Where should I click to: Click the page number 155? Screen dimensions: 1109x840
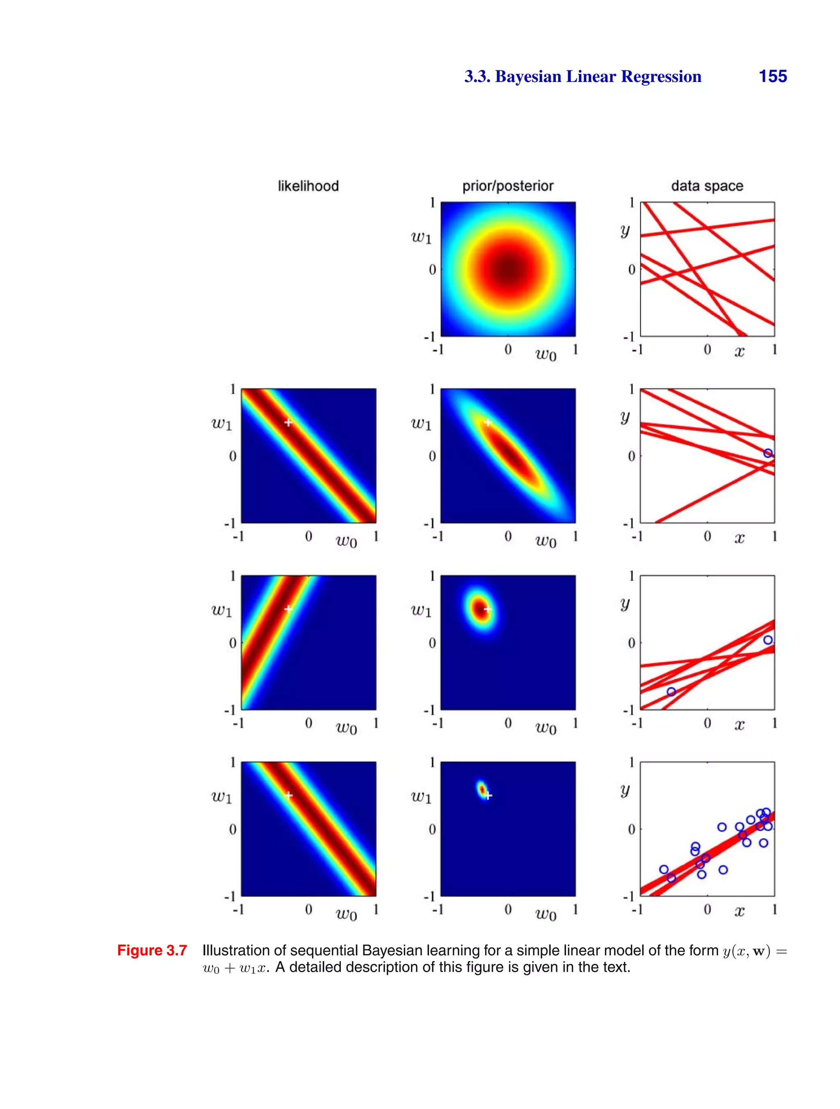pos(772,76)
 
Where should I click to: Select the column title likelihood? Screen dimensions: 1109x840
pos(308,186)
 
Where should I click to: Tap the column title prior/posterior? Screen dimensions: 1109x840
pos(507,186)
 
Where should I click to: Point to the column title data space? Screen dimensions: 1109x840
pos(707,186)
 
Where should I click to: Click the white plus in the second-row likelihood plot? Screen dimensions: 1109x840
pos(288,423)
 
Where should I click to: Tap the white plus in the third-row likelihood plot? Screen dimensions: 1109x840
pos(288,609)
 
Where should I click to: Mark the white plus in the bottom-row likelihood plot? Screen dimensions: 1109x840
pos(288,795)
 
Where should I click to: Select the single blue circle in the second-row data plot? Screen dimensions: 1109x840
pos(768,453)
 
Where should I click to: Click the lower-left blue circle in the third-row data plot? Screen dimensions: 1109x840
pos(671,692)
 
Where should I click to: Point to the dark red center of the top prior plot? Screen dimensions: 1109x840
pos(508,270)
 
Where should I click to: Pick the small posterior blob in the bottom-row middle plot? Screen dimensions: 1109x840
pos(482,789)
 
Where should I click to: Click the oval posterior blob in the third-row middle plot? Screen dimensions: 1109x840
pos(480,608)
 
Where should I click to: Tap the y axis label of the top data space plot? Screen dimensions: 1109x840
pos(625,231)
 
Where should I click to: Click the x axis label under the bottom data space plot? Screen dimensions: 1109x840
pos(739,911)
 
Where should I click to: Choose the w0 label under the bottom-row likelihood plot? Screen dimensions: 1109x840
pos(346,914)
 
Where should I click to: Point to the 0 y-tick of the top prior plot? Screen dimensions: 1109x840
pos(432,270)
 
